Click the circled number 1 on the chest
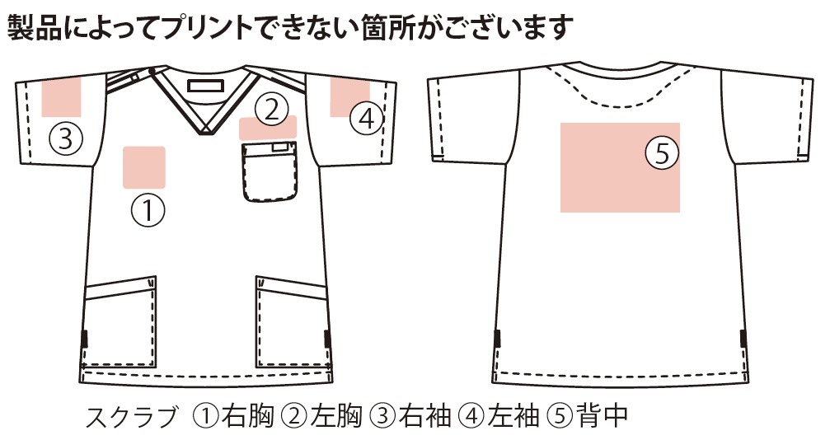[148, 210]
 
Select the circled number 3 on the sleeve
[66, 138]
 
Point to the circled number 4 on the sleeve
[367, 119]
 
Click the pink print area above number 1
[144, 167]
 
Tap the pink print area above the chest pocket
[267, 128]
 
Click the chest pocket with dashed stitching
[270, 172]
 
